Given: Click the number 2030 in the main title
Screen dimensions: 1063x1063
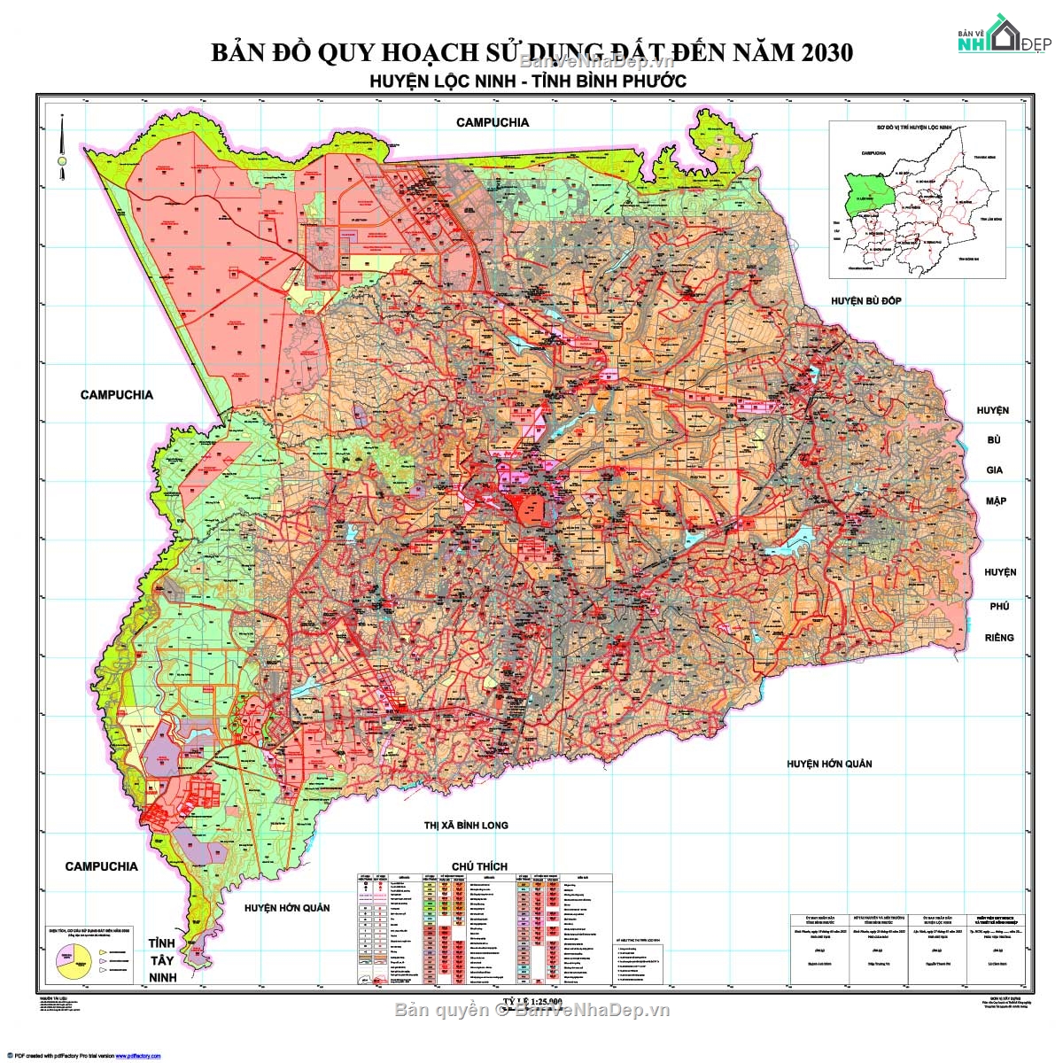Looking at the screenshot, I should [825, 52].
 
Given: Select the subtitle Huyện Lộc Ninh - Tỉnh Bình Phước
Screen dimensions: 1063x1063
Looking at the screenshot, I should [528, 81].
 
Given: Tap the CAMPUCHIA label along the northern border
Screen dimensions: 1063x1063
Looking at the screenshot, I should [493, 122].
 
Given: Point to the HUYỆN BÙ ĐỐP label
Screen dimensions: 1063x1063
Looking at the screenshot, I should [865, 301].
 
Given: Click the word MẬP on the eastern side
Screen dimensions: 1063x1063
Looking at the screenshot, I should [996, 501].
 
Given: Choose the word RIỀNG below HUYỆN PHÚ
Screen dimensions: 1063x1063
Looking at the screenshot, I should [999, 638].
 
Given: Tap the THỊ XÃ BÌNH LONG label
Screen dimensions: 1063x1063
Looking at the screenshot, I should [466, 825].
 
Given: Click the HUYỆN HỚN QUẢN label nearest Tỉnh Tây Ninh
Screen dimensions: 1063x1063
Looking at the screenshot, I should [287, 908].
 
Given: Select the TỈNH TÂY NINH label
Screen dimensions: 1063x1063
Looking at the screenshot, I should [162, 960].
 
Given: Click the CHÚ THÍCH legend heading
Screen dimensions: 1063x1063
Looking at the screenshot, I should [479, 865].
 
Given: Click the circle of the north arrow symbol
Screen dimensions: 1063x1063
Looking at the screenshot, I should [62, 161].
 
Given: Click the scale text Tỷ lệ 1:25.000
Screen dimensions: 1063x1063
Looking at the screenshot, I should [531, 1002].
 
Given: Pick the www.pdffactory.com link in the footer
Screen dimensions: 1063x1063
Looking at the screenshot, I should [137, 1056].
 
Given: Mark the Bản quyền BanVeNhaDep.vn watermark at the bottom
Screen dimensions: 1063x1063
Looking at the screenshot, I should [531, 1011].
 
